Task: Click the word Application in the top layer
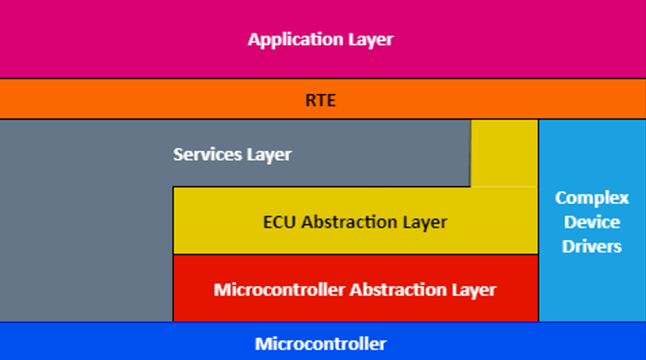pyautogui.click(x=295, y=40)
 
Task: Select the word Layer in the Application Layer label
pyautogui.click(x=371, y=40)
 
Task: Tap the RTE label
pyautogui.click(x=321, y=100)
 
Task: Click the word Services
pyautogui.click(x=208, y=154)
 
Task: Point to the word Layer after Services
pyautogui.click(x=269, y=155)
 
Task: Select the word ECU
pyautogui.click(x=279, y=222)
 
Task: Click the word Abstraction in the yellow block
pyautogui.click(x=350, y=222)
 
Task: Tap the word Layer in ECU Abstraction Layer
pyautogui.click(x=425, y=223)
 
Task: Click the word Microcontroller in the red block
pyautogui.click(x=279, y=290)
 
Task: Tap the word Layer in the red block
pyautogui.click(x=474, y=290)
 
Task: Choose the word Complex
pyautogui.click(x=592, y=199)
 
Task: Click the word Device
pyautogui.click(x=592, y=222)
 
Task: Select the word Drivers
pyautogui.click(x=592, y=246)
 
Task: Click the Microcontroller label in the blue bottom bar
pyautogui.click(x=321, y=344)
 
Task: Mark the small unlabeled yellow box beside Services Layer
pyautogui.click(x=504, y=153)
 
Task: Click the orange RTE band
pyautogui.click(x=323, y=99)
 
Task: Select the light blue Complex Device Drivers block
pyautogui.click(x=592, y=221)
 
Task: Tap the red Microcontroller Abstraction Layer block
pyautogui.click(x=356, y=288)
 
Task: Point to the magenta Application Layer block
pyautogui.click(x=323, y=39)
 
